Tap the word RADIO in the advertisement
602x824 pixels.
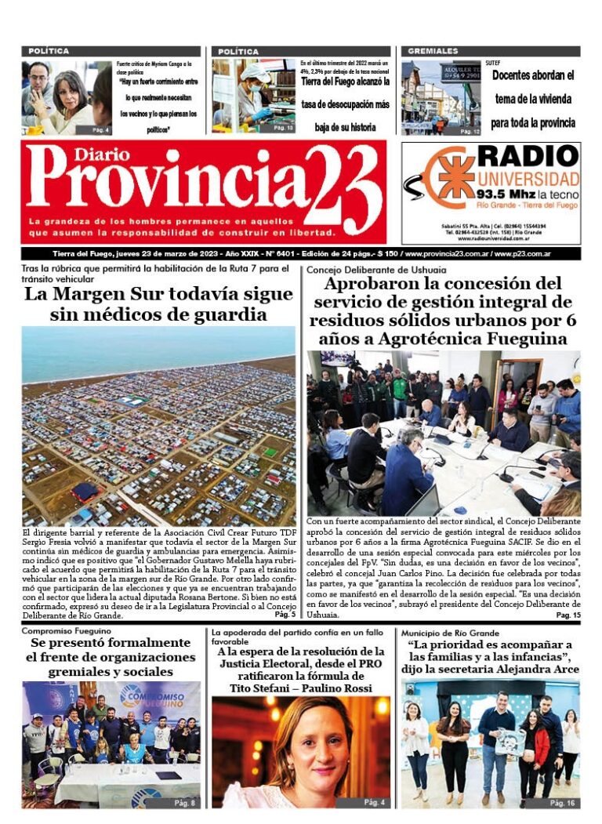click(528, 156)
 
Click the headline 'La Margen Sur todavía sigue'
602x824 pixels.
click(158, 295)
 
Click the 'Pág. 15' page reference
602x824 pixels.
click(568, 615)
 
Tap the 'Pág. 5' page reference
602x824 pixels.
click(284, 615)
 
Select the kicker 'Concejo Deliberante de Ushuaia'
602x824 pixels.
click(365, 269)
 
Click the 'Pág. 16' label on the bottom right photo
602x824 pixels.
click(562, 803)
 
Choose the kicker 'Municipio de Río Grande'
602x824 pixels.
click(450, 632)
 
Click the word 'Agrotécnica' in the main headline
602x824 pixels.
click(427, 339)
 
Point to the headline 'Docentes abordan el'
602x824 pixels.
click(533, 76)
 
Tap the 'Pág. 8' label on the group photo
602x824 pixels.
click(184, 803)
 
